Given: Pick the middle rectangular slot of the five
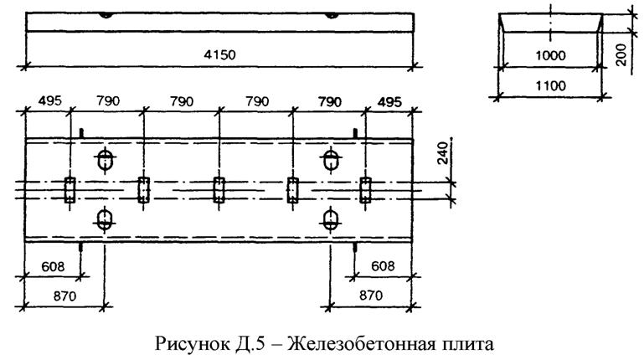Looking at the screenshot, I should coord(219,188).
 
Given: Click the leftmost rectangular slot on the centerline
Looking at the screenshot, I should coord(70,188).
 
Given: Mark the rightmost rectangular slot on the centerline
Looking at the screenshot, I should coord(366,188).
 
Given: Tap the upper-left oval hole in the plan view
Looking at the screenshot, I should coord(105,159).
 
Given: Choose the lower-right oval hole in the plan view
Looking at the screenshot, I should coord(331,219).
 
